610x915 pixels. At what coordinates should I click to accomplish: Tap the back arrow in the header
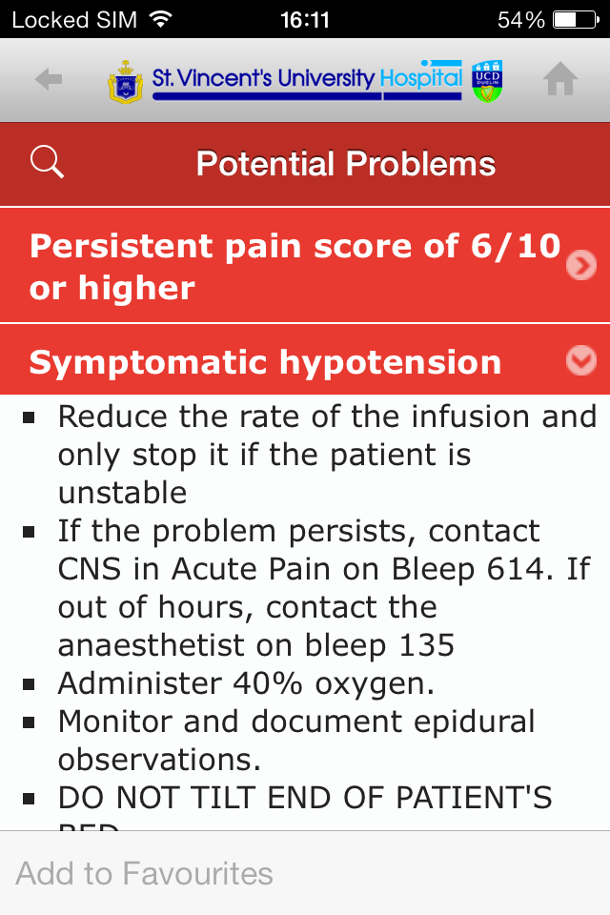point(49,80)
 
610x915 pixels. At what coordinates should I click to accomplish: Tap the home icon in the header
point(560,80)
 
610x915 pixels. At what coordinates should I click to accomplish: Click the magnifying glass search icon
point(47,162)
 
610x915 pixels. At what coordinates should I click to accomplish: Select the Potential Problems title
point(346,164)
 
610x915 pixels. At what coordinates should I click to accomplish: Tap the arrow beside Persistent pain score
point(580,265)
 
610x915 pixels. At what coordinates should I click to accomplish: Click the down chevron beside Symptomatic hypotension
point(580,360)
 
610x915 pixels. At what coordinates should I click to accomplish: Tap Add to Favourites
point(145,873)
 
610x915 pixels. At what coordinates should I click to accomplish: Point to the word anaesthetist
point(153,645)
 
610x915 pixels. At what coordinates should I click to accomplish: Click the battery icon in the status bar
point(576,19)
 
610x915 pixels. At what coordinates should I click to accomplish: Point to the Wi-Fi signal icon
point(161,19)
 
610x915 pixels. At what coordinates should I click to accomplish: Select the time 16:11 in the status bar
point(305,19)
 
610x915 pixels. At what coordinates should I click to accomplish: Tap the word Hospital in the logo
point(420,78)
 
